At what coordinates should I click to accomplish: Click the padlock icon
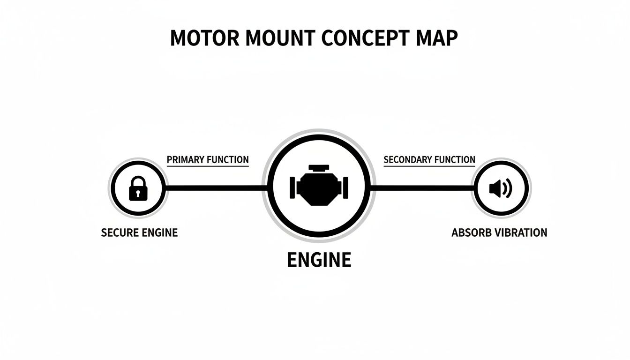pyautogui.click(x=137, y=189)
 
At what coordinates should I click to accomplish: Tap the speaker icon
pyautogui.click(x=500, y=189)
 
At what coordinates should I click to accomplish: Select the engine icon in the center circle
pyautogui.click(x=319, y=185)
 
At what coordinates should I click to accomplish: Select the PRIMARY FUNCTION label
pyautogui.click(x=208, y=160)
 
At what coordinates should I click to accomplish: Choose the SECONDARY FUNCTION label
pyautogui.click(x=429, y=160)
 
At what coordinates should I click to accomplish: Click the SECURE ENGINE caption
pyautogui.click(x=139, y=232)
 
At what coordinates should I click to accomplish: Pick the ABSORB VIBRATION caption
pyautogui.click(x=499, y=232)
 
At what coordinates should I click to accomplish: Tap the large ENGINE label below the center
pyautogui.click(x=319, y=260)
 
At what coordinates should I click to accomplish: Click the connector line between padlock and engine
pyautogui.click(x=216, y=188)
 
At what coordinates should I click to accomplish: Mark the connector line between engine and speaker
pyautogui.click(x=422, y=188)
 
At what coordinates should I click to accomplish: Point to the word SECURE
pyautogui.click(x=118, y=232)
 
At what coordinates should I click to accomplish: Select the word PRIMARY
pyautogui.click(x=186, y=160)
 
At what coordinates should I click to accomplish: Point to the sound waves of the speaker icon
pyautogui.click(x=508, y=189)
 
